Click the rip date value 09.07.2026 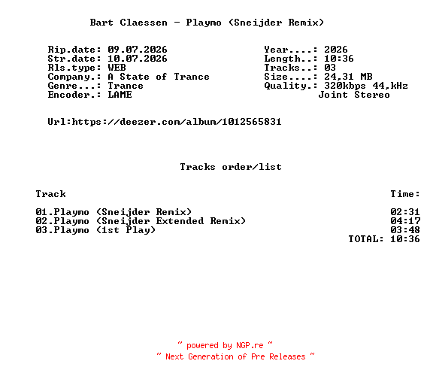[x=138, y=50]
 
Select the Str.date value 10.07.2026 [x=138, y=59]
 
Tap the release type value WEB [x=117, y=68]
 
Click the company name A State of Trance [x=159, y=77]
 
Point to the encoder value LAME [x=120, y=95]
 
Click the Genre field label [x=74, y=86]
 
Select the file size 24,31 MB [x=348, y=77]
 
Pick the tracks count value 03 [x=330, y=68]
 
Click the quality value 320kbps [x=345, y=86]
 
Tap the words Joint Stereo [x=354, y=95]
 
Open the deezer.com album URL [x=177, y=122]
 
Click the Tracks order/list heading [x=231, y=166]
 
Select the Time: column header [x=405, y=194]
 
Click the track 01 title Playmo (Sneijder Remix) [x=123, y=212]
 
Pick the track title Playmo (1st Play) [x=104, y=230]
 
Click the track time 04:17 [x=405, y=220]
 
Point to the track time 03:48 [x=405, y=229]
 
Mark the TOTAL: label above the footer [x=366, y=239]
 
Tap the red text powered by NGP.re [x=225, y=345]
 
